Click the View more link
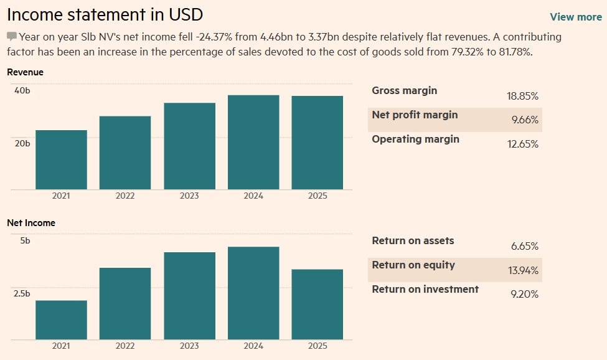coord(575,17)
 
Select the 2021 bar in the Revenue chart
coord(61,159)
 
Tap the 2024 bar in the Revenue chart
coord(253,142)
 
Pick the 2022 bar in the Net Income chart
coord(125,303)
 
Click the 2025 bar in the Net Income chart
coord(317,304)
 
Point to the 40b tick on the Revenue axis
coord(22,91)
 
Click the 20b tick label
coord(22,143)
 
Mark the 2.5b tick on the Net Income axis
coord(22,293)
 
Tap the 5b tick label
coord(25,240)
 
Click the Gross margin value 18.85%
coord(523,96)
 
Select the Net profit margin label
coord(415,115)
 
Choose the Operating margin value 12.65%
coord(523,144)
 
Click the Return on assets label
coord(413,240)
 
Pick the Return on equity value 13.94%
coord(523,270)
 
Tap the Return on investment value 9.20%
coord(524,294)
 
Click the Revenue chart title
coord(26,72)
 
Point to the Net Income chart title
coord(31,222)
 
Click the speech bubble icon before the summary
coord(12,37)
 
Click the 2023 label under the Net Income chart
coord(189,346)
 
